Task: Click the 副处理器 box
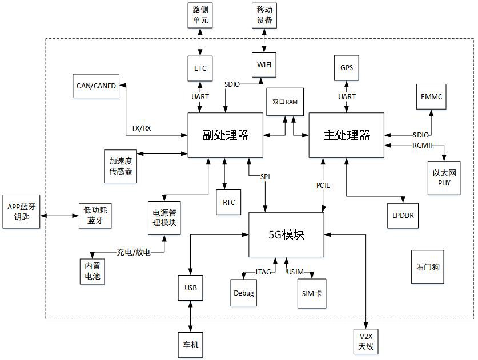coord(226,135)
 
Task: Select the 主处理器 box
coord(347,135)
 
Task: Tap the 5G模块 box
coord(286,234)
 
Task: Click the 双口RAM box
coord(285,102)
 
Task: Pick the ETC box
coord(200,68)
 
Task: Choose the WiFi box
coord(264,64)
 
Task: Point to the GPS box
coord(347,68)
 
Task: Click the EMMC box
coord(431,97)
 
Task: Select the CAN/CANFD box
coord(96,86)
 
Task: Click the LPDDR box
coord(403,215)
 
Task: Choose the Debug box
coord(244,293)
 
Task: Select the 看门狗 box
coord(428,266)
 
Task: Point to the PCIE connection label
coord(323,185)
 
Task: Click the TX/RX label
coord(141,128)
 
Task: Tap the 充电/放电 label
coord(134,252)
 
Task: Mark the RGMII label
coord(423,145)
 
